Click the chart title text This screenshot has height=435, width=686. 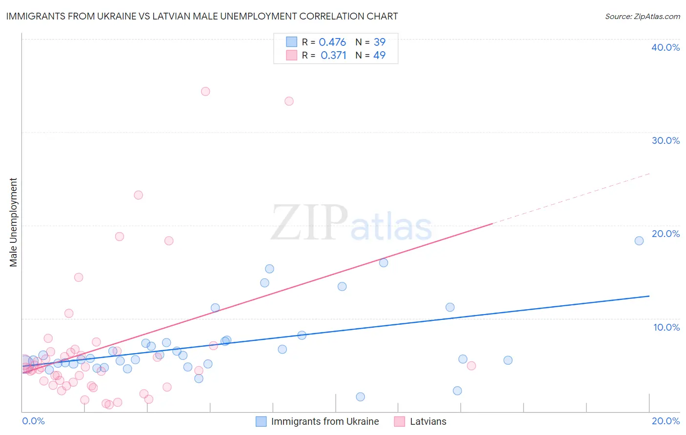(x=202, y=16)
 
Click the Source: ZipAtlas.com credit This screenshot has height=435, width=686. (x=642, y=16)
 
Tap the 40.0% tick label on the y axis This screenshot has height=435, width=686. (x=666, y=47)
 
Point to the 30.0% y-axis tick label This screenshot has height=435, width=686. (x=666, y=140)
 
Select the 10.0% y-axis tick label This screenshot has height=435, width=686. (x=666, y=327)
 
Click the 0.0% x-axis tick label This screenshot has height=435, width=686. (x=33, y=421)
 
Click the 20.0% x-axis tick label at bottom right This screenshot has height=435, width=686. (x=666, y=421)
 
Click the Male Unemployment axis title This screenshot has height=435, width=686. (x=13, y=222)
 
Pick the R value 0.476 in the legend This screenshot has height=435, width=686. (x=332, y=42)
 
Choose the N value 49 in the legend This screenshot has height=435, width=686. (x=379, y=55)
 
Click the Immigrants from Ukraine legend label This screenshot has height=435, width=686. (x=325, y=421)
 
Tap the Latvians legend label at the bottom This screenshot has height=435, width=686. (x=428, y=421)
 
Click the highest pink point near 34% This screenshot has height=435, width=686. (x=205, y=91)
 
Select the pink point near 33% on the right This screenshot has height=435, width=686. (x=289, y=101)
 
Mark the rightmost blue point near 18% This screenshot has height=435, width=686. (x=639, y=240)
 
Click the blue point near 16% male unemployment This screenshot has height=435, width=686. (x=383, y=262)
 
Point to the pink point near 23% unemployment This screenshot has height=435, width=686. (x=138, y=195)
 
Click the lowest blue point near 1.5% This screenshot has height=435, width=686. (x=360, y=396)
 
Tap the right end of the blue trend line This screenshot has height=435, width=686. (x=649, y=296)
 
